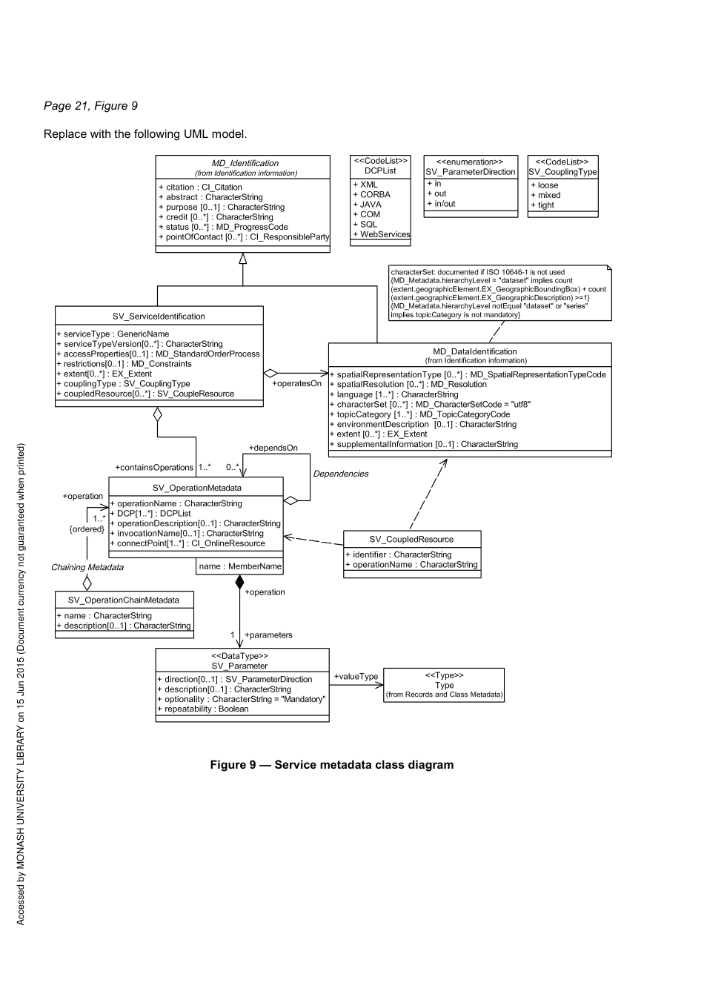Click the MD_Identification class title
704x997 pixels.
click(245, 163)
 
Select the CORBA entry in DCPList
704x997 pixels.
click(375, 194)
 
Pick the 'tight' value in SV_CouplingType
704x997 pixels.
click(545, 205)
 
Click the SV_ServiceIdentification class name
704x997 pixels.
click(159, 317)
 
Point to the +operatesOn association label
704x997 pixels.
click(296, 384)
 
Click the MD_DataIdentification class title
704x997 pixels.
click(474, 351)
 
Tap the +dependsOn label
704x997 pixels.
click(273, 448)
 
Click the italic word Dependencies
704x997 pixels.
click(340, 474)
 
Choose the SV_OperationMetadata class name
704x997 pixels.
click(196, 488)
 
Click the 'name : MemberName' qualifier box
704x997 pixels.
click(240, 566)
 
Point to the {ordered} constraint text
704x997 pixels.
click(87, 529)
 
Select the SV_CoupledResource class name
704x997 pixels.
click(411, 539)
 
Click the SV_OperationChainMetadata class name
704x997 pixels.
click(123, 600)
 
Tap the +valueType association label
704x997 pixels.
click(356, 676)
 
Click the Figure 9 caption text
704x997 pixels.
click(331, 765)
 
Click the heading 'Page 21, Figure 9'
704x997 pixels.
click(90, 106)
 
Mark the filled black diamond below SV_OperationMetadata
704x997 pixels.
click(239, 582)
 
